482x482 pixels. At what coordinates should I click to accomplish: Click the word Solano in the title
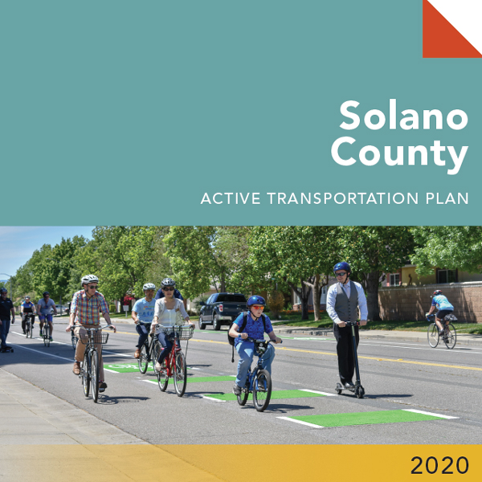(x=403, y=115)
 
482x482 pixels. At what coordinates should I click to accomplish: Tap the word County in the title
(x=399, y=153)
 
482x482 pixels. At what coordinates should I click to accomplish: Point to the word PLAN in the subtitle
(x=447, y=198)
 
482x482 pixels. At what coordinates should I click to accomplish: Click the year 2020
(x=439, y=465)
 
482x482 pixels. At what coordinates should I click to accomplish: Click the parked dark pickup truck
(x=223, y=310)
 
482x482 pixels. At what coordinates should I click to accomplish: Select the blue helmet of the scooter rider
(x=342, y=268)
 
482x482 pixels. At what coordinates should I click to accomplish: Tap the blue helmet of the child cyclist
(x=256, y=300)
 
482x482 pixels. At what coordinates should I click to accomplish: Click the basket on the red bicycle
(x=182, y=333)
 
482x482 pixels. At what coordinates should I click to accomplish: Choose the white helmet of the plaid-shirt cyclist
(x=90, y=279)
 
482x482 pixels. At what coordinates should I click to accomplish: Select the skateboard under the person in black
(x=6, y=349)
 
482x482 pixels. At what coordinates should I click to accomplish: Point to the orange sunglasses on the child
(x=258, y=307)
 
